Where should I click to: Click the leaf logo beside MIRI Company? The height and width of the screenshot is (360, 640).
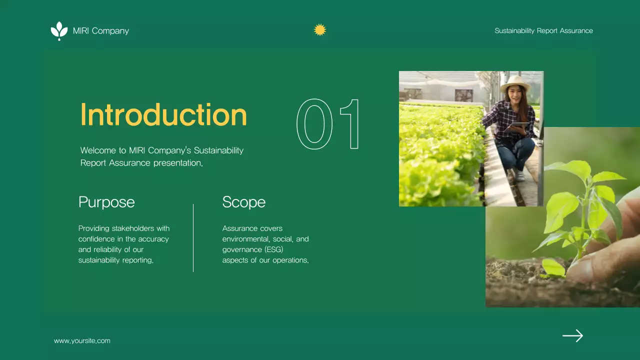[x=59, y=30]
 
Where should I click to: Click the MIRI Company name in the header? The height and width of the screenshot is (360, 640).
[x=100, y=31]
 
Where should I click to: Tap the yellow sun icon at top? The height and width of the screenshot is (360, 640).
[x=320, y=30]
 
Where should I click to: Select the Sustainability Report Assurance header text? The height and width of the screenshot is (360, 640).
[x=543, y=31]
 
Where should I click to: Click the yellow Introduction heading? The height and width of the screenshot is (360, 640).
[x=163, y=114]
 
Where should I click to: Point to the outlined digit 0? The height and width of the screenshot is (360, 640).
[x=314, y=124]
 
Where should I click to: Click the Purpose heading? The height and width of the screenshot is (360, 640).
[x=106, y=202]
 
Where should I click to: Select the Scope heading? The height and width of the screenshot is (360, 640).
[x=243, y=202]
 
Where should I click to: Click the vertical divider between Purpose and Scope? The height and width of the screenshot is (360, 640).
[x=193, y=237]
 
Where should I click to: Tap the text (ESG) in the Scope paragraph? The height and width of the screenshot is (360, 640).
[x=274, y=249]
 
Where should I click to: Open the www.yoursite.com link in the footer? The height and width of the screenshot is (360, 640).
[x=82, y=341]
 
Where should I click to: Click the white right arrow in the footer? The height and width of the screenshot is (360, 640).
[x=572, y=335]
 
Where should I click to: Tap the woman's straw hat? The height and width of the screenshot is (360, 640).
[x=514, y=81]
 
